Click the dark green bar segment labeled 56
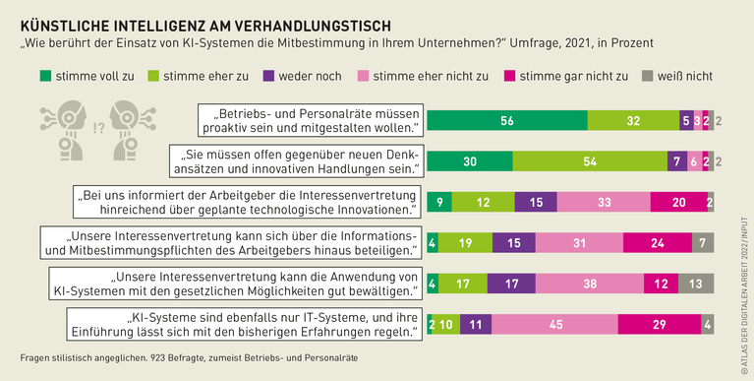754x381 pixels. (x=507, y=120)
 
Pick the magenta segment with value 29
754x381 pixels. (x=659, y=324)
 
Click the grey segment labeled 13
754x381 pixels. (x=695, y=284)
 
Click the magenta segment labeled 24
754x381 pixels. (x=657, y=243)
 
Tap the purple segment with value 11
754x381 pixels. (x=474, y=324)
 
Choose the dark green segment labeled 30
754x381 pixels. (x=470, y=161)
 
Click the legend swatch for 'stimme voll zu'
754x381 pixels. (x=45, y=75)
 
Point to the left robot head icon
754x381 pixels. (x=66, y=127)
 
